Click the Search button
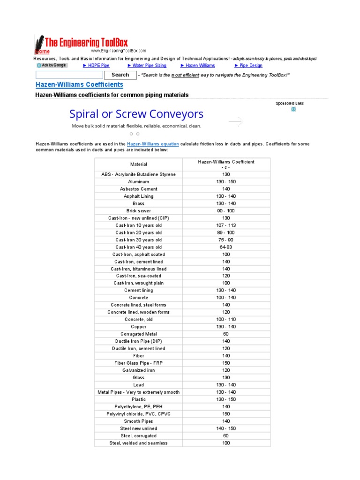click(x=120, y=75)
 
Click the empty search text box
click(x=69, y=75)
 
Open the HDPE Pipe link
click(x=96, y=66)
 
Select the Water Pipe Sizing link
click(x=147, y=66)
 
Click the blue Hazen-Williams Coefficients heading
click(x=80, y=85)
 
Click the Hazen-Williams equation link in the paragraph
click(x=153, y=144)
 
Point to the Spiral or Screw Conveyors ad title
click(x=136, y=114)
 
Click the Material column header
click(x=139, y=165)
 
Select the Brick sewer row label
click(x=139, y=211)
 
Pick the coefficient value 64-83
click(x=226, y=247)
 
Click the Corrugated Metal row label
click(x=139, y=334)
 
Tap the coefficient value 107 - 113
click(x=226, y=225)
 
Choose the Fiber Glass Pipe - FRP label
click(x=139, y=363)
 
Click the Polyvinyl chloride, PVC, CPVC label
click(x=139, y=414)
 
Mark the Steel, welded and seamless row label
click(x=139, y=443)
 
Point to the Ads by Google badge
click(x=52, y=66)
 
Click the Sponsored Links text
click(x=290, y=103)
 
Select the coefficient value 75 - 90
click(x=226, y=240)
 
